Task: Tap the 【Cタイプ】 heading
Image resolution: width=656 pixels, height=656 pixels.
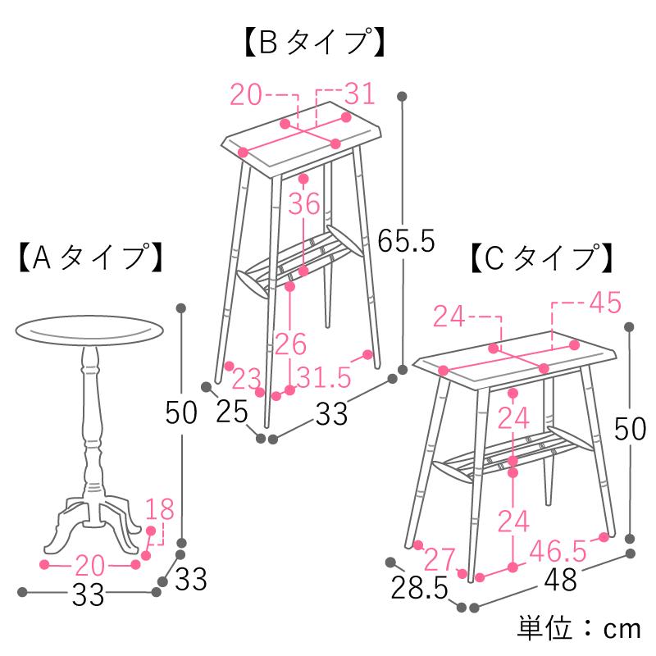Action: click(x=541, y=257)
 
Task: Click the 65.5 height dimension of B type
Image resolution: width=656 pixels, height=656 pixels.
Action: click(x=406, y=240)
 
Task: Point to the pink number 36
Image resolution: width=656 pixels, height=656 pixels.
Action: click(x=303, y=204)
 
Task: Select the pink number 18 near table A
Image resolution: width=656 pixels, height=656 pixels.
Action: click(x=160, y=509)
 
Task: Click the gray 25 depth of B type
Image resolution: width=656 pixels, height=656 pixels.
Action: click(x=232, y=411)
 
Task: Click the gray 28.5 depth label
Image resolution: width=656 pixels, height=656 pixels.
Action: click(x=419, y=587)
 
